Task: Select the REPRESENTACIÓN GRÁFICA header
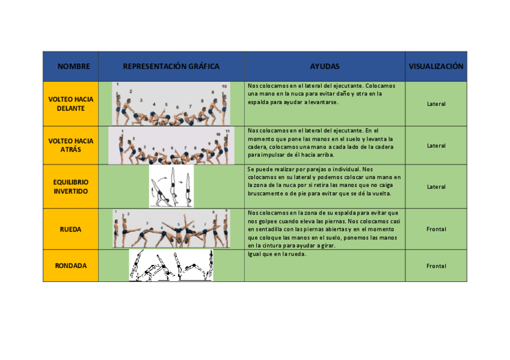point(171,67)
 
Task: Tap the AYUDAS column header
point(325,67)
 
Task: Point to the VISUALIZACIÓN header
point(436,67)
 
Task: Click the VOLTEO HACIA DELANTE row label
point(70,103)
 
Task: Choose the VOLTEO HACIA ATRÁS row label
point(70,145)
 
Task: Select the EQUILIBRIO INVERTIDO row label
point(70,186)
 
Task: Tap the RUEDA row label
point(70,229)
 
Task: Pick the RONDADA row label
point(70,266)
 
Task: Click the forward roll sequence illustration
point(171,104)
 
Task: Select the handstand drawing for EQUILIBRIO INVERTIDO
point(172,187)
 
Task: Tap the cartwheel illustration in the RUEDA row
point(171,229)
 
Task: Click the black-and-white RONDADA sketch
point(171,266)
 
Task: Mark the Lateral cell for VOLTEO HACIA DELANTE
point(436,104)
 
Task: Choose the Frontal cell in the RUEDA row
point(436,229)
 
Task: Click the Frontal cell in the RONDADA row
point(436,266)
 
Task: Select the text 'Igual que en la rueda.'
point(277,254)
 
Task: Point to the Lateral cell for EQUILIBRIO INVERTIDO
point(436,187)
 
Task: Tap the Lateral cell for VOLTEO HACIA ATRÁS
point(436,145)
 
